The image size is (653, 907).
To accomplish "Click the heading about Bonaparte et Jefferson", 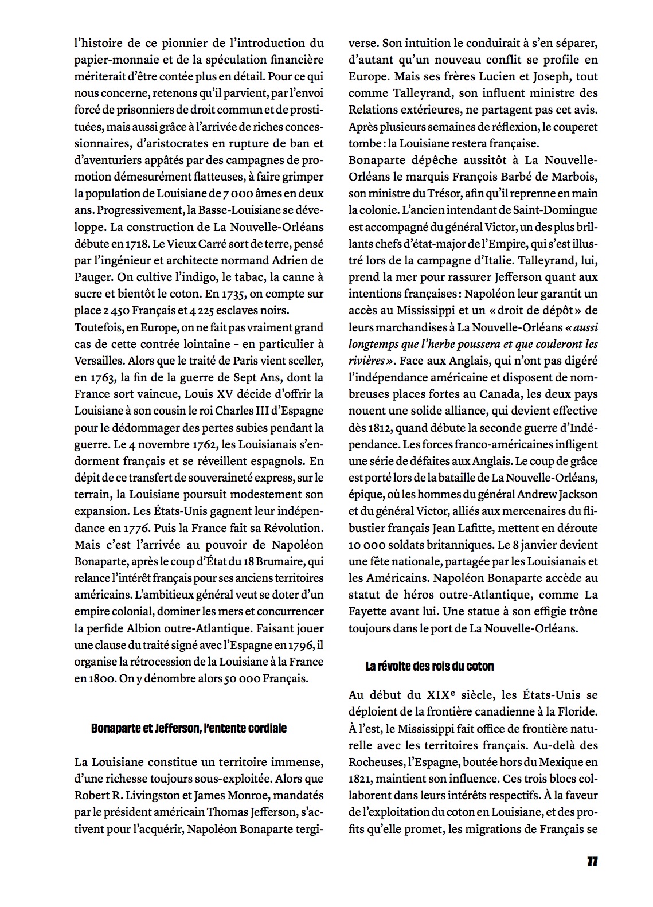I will click(x=189, y=729).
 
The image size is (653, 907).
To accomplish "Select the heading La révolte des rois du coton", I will click(x=429, y=666).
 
